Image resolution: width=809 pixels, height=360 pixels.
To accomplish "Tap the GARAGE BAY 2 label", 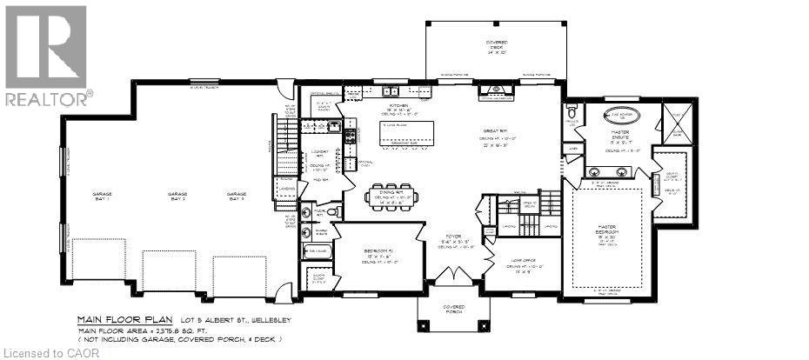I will pyautogui.click(x=177, y=197).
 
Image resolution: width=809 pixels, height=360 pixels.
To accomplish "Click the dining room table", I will pyautogui.click(x=394, y=193).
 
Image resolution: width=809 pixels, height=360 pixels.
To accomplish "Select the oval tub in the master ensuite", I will pyautogui.click(x=619, y=116).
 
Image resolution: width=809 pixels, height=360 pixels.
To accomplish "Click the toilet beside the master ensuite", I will pyautogui.click(x=572, y=113).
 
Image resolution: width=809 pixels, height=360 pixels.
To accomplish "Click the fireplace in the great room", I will pyautogui.click(x=497, y=90).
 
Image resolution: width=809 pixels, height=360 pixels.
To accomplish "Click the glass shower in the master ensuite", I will pyautogui.click(x=676, y=122).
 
